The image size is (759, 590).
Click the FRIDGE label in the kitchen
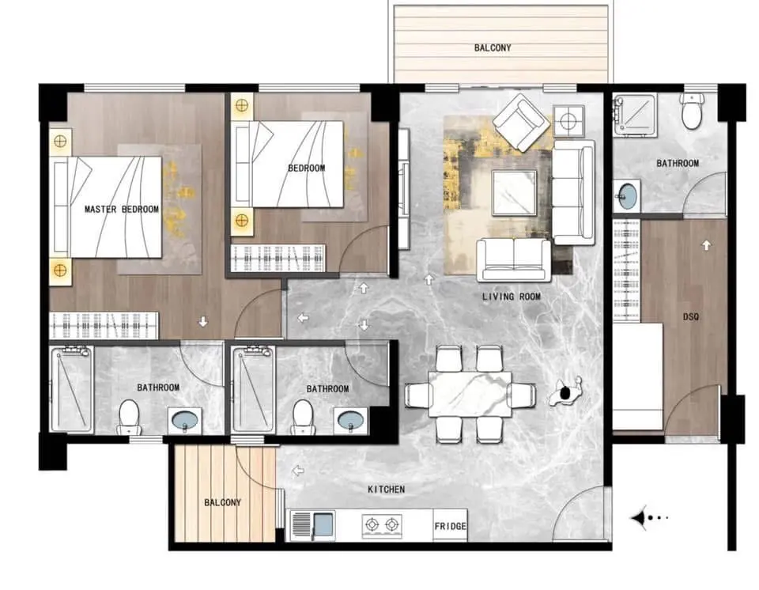pos(450,526)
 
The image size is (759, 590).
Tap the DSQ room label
pos(691,317)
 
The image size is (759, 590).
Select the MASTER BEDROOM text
pos(122,210)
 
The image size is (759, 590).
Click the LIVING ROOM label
pos(512,297)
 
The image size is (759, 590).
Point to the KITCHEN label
pos(387,490)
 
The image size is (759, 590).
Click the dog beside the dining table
pos(565,391)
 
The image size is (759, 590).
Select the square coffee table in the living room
pos(514,193)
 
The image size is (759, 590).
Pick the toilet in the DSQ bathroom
pos(691,112)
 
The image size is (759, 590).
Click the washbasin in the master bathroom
pos(185,420)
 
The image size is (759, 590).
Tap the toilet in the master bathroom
pos(129,417)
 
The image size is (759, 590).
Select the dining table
pos(470,394)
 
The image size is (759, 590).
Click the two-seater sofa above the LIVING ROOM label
pos(514,260)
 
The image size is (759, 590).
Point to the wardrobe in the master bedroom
pos(104,325)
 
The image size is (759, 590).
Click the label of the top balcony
pos(493,47)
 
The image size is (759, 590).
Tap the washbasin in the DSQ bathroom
pos(627,195)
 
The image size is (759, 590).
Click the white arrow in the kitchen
pos(298,471)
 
